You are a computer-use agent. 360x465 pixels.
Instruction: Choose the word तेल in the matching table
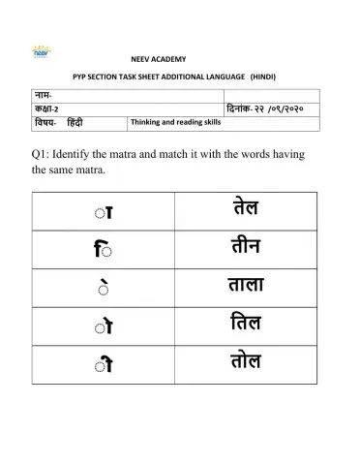pyautogui.click(x=246, y=208)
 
